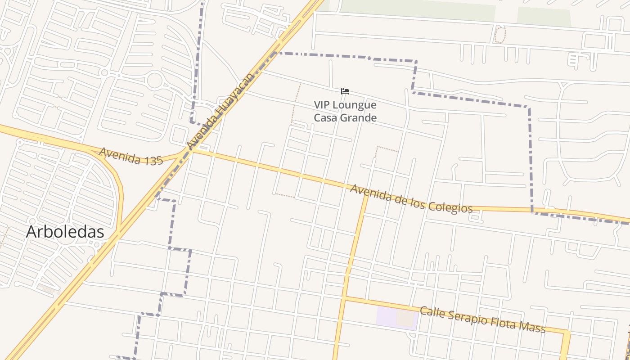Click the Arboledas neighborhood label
click(x=65, y=232)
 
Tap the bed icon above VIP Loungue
click(x=345, y=91)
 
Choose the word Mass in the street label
click(x=531, y=328)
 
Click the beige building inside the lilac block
click(x=405, y=318)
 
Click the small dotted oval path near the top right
click(x=500, y=35)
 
